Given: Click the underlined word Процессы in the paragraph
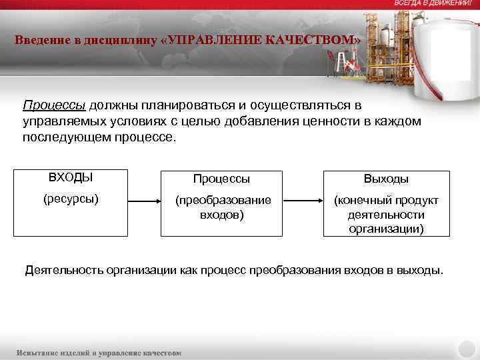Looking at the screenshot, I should [x=55, y=106].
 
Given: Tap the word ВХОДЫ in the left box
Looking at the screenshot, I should [x=71, y=177].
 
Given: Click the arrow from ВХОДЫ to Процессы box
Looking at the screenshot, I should [x=143, y=200].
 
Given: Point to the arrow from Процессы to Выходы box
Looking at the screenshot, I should [x=304, y=200].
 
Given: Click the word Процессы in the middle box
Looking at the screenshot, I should [x=222, y=179].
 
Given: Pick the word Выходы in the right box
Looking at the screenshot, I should [x=386, y=179].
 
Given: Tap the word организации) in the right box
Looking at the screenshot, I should [x=386, y=228].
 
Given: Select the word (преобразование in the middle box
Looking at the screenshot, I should [x=223, y=200].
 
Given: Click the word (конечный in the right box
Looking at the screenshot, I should [x=364, y=200].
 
